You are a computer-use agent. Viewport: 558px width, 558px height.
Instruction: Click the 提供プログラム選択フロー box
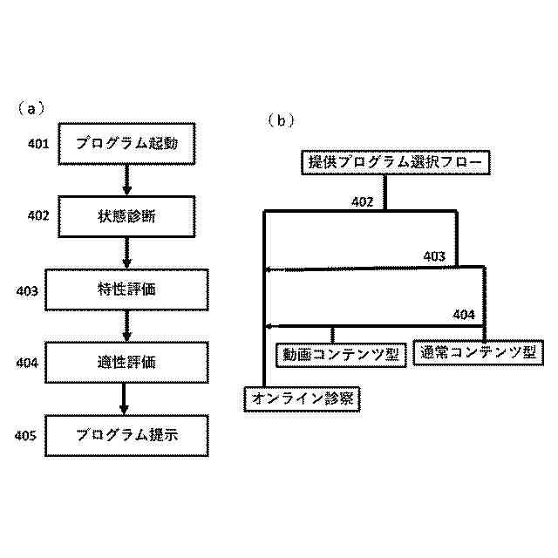tap(395, 162)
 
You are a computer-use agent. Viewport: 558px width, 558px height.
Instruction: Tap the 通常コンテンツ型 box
tap(477, 352)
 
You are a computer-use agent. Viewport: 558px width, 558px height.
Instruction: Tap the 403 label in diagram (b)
tap(434, 256)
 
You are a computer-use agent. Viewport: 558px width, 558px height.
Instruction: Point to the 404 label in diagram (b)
tap(464, 315)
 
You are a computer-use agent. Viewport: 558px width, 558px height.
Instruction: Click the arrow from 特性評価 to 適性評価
tap(126, 325)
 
